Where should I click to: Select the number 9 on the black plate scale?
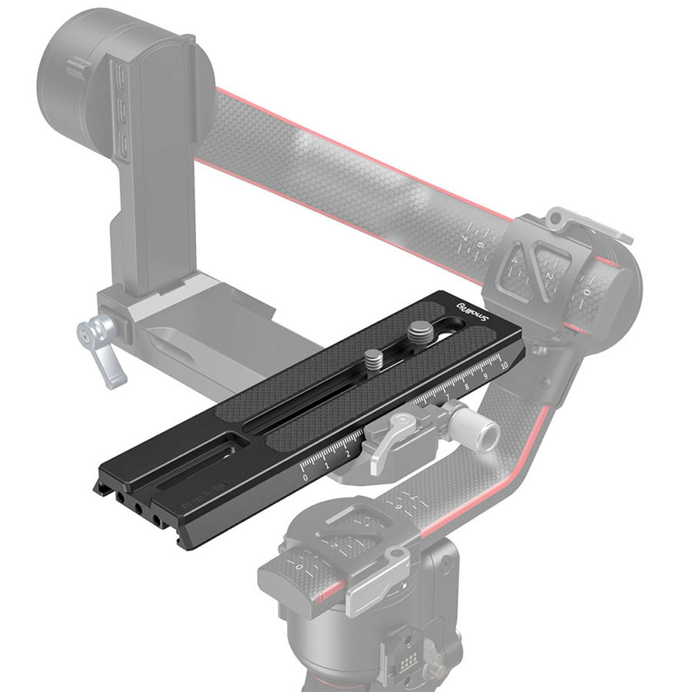pos(484,375)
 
